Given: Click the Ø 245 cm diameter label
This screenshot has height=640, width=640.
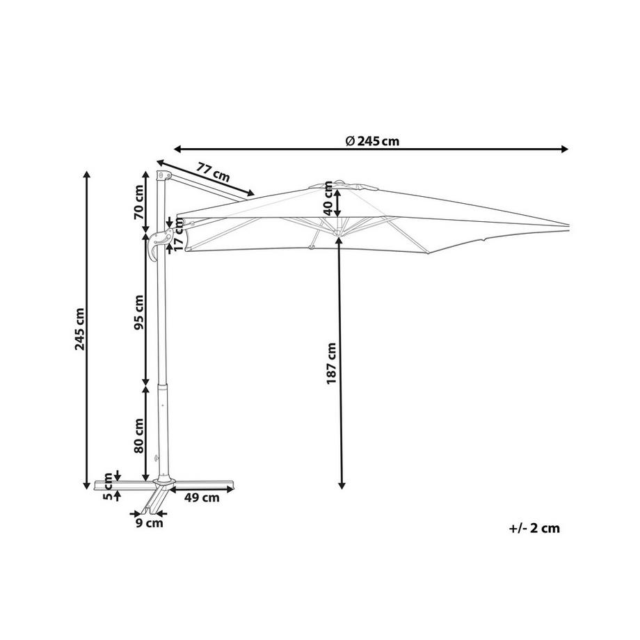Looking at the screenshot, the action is pos(372,141).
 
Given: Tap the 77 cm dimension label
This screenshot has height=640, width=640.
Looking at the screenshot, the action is pos(213,172).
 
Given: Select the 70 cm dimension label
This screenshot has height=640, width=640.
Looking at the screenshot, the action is pos(139,202).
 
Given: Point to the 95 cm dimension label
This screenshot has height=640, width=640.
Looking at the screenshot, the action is pos(139,312).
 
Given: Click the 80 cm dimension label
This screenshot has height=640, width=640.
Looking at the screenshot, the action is pos(139,435).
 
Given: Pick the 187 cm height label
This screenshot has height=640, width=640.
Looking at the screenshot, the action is pos(331,363).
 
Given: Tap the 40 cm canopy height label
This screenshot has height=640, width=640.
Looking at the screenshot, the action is pos(328,198).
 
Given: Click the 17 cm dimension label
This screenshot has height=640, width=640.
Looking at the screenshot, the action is pos(179,234).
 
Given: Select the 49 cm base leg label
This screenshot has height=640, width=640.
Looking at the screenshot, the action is pos(202,497).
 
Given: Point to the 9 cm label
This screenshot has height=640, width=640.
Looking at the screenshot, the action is pos(150,523).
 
